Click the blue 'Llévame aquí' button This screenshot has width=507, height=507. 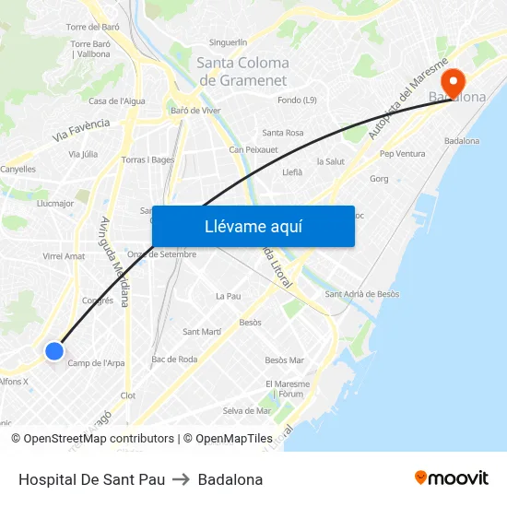point(253,226)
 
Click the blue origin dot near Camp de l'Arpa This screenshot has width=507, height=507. point(54,350)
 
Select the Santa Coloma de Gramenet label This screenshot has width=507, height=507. point(243,71)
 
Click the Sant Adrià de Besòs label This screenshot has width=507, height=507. point(362,294)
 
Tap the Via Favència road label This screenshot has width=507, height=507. point(81,129)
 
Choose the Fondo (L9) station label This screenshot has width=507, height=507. point(297,100)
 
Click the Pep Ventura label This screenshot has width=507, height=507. point(402,153)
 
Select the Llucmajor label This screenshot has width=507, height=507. point(54,203)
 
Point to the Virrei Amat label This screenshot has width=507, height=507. point(64,256)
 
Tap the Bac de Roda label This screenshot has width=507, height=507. point(174,359)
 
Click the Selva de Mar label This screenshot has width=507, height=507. point(247,410)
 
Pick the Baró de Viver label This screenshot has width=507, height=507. point(195,111)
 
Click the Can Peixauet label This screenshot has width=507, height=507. point(253,148)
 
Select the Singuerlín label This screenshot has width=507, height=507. point(229,42)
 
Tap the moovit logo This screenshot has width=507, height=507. point(452,478)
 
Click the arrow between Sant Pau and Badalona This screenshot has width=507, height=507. point(182,479)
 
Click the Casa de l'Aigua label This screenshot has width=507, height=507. point(116,100)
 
